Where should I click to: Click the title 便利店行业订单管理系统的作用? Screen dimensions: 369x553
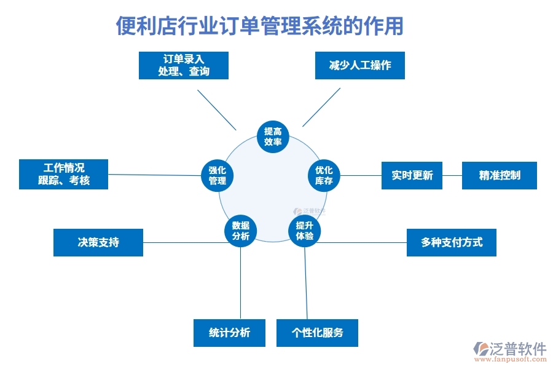pyautogui.click(x=260, y=26)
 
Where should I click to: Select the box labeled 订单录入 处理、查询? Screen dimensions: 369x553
pyautogui.click(x=184, y=65)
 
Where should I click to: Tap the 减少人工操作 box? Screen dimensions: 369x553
pyautogui.click(x=360, y=65)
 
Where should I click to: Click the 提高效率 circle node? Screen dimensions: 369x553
pyautogui.click(x=273, y=137)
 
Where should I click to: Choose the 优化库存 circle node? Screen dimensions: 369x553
pyautogui.click(x=324, y=175)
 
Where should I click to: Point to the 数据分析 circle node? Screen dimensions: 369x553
pyautogui.click(x=240, y=231)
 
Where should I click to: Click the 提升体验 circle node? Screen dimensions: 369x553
pyautogui.click(x=305, y=231)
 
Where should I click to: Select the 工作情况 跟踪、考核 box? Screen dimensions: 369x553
pyautogui.click(x=64, y=174)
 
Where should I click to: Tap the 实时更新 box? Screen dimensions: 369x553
pyautogui.click(x=412, y=175)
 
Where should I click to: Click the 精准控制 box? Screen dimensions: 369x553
pyautogui.click(x=500, y=175)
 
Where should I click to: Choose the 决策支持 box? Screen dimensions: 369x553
pyautogui.click(x=98, y=242)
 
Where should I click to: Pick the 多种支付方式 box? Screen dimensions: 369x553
pyautogui.click(x=452, y=242)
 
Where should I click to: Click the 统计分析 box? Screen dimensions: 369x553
pyautogui.click(x=229, y=333)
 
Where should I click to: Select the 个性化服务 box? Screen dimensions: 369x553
pyautogui.click(x=317, y=333)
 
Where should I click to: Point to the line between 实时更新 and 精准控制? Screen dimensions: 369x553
pyautogui.click(x=452, y=175)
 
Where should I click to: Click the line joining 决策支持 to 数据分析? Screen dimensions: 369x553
pyautogui.click(x=184, y=242)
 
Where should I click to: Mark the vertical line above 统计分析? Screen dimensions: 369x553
pyautogui.click(x=240, y=283)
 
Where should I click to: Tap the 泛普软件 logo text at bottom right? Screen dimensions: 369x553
pyautogui.click(x=518, y=349)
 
